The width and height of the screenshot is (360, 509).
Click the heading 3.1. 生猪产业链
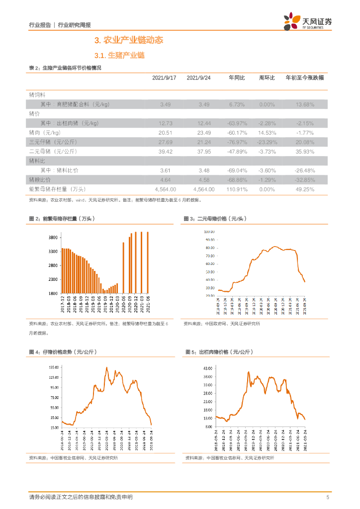point(119,56)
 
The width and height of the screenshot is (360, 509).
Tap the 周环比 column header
point(267,78)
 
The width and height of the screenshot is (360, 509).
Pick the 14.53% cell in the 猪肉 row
point(267,133)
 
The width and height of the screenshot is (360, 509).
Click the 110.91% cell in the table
point(237,189)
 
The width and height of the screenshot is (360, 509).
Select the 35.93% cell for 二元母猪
point(305,152)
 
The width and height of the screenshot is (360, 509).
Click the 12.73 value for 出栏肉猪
point(165,123)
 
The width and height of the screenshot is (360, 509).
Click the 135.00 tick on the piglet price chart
point(53,367)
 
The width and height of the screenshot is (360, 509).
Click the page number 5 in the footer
point(328,497)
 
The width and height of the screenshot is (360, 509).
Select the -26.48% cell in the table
point(305,170)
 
